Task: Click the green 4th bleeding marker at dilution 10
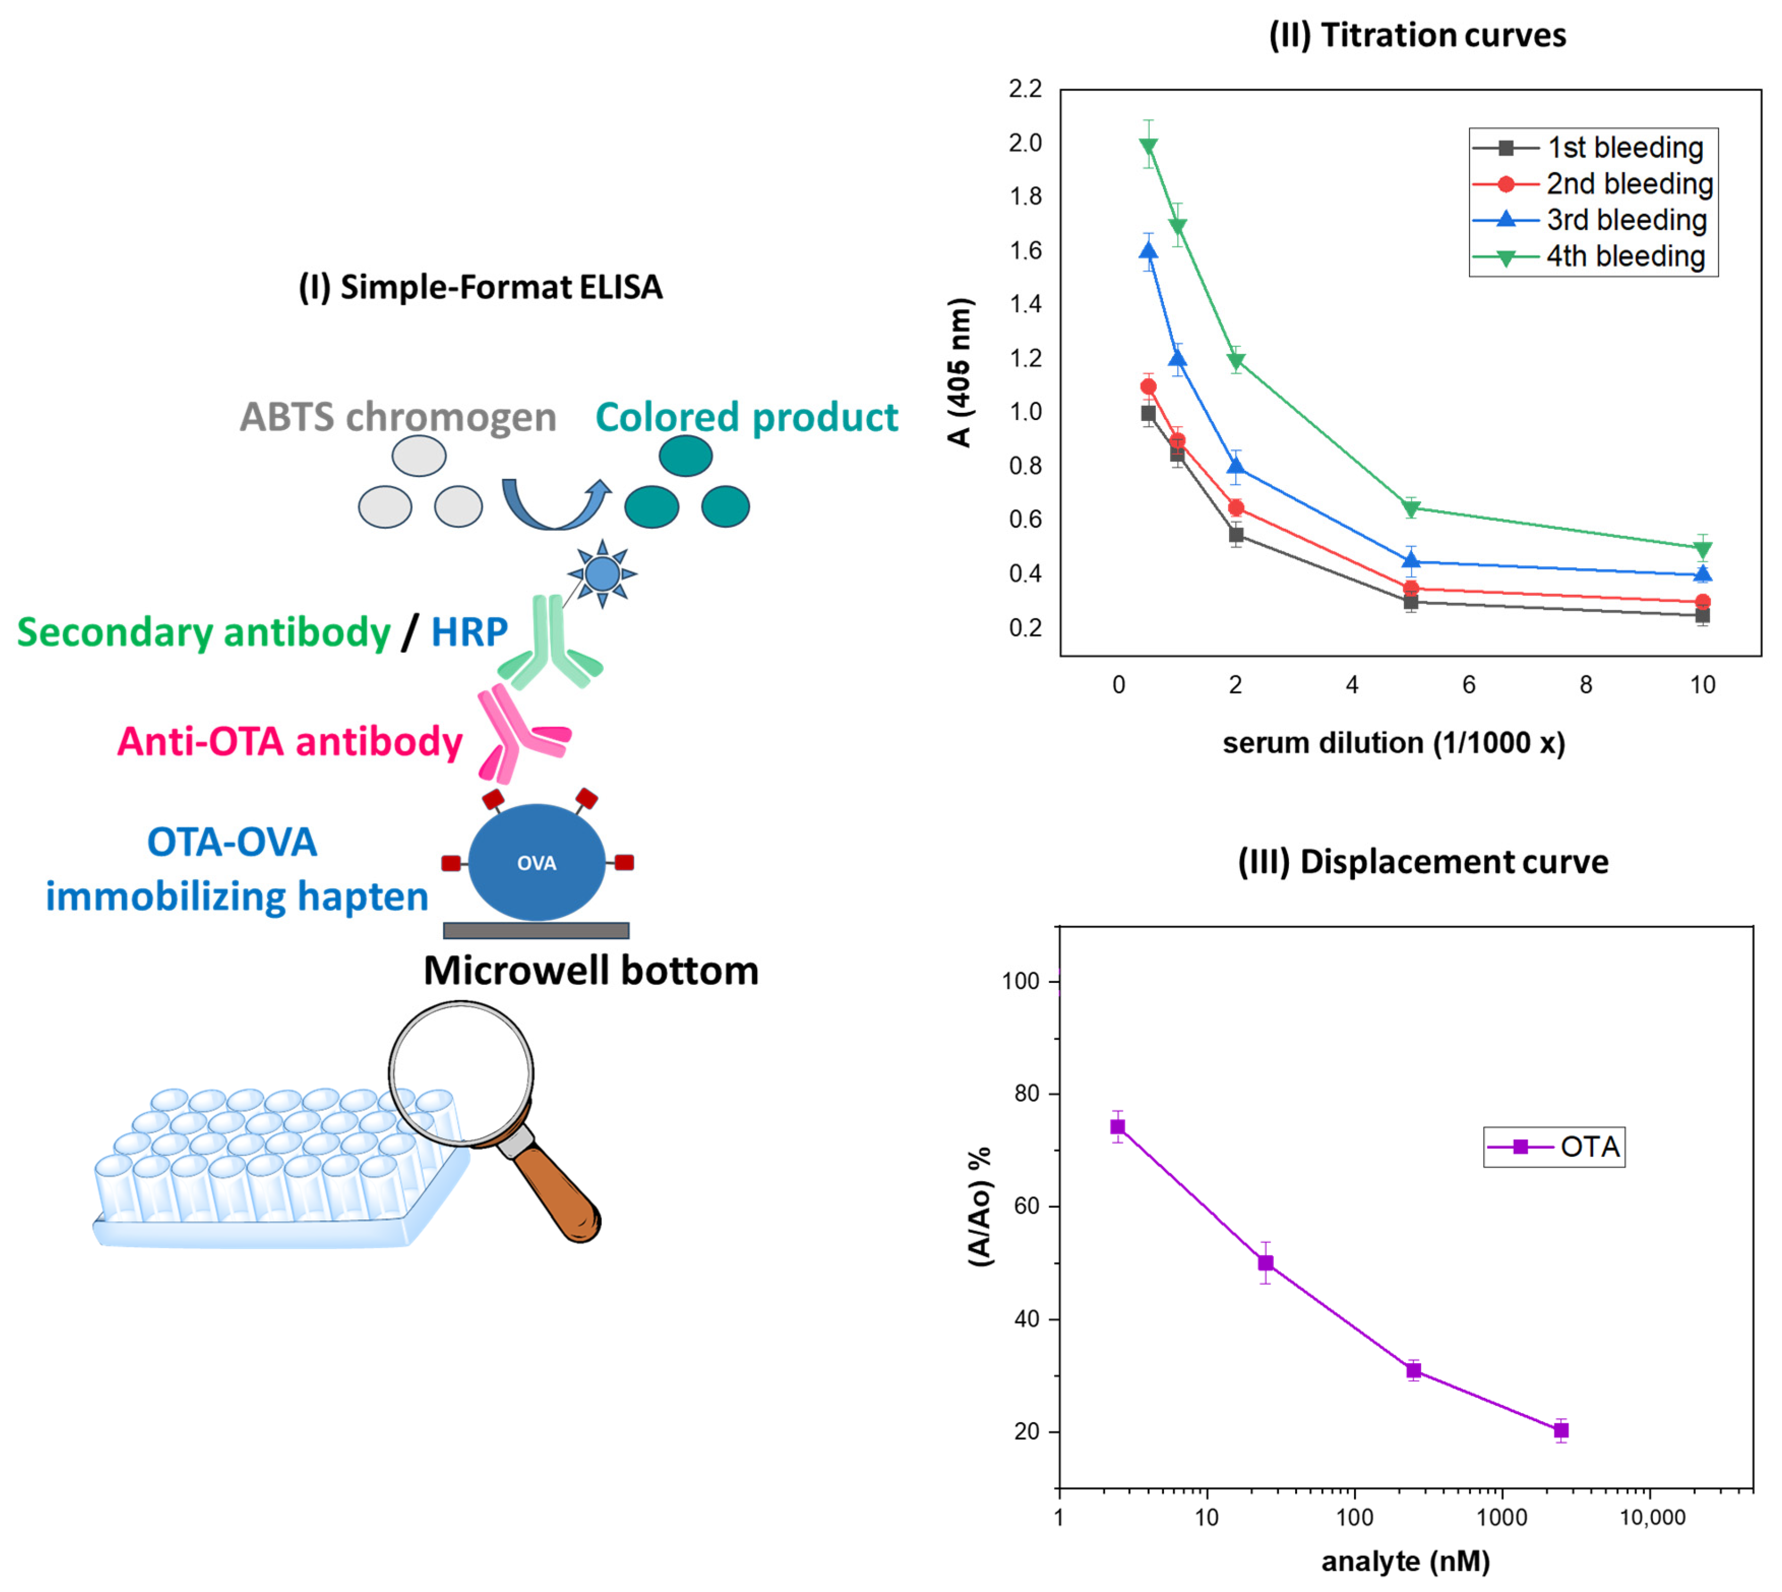(x=1702, y=549)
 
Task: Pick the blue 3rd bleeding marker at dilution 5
(x=1410, y=561)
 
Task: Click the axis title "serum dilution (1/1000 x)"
(x=1393, y=743)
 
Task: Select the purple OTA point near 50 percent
(x=1265, y=1263)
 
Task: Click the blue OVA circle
(x=536, y=862)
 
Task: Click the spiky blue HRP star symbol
(x=602, y=575)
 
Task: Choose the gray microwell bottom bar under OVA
(x=536, y=930)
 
